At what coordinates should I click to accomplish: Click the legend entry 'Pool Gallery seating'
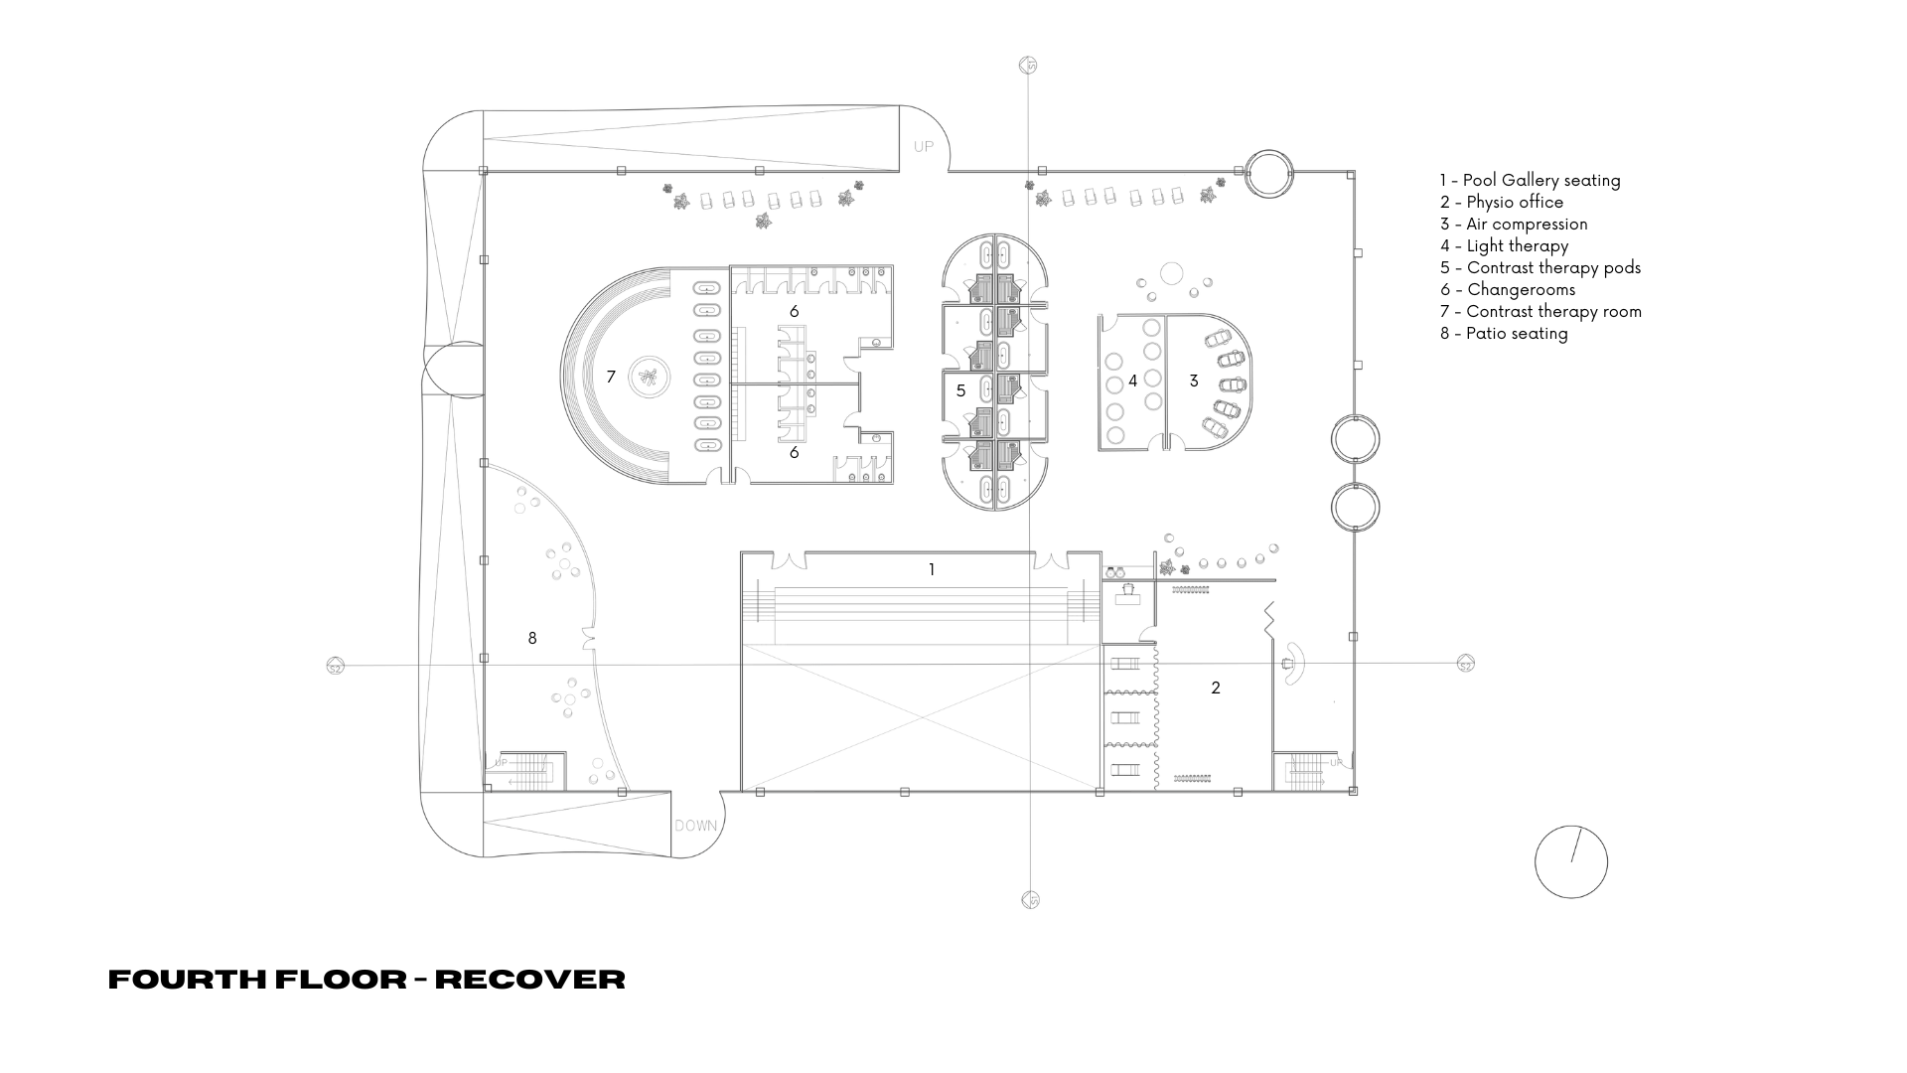pyautogui.click(x=1530, y=180)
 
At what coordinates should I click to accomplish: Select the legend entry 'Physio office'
pyautogui.click(x=1502, y=202)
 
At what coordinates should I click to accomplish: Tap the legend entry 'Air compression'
pyautogui.click(x=1514, y=224)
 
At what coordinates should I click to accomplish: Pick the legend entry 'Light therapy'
pyautogui.click(x=1505, y=245)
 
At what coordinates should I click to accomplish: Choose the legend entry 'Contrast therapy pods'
pyautogui.click(x=1540, y=267)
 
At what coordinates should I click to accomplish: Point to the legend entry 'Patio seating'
pyautogui.click(x=1504, y=333)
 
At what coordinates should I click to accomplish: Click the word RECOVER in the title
pyautogui.click(x=530, y=980)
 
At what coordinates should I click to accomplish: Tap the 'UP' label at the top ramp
pyautogui.click(x=924, y=146)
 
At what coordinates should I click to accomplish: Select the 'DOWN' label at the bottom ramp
pyautogui.click(x=695, y=826)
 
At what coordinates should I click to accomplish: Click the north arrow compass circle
pyautogui.click(x=1571, y=861)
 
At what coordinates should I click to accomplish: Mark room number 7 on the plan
pyautogui.click(x=611, y=377)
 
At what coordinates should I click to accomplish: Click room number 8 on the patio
pyautogui.click(x=532, y=638)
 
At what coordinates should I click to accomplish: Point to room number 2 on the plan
pyautogui.click(x=1215, y=688)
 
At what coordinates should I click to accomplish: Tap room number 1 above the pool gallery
pyautogui.click(x=932, y=569)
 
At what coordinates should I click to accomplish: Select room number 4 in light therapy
pyautogui.click(x=1132, y=381)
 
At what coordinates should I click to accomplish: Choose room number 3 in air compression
pyautogui.click(x=1194, y=381)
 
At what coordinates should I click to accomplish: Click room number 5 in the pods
pyautogui.click(x=960, y=390)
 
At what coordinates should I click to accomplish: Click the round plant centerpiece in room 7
pyautogui.click(x=651, y=377)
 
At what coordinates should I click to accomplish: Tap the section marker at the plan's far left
pyautogui.click(x=335, y=667)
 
